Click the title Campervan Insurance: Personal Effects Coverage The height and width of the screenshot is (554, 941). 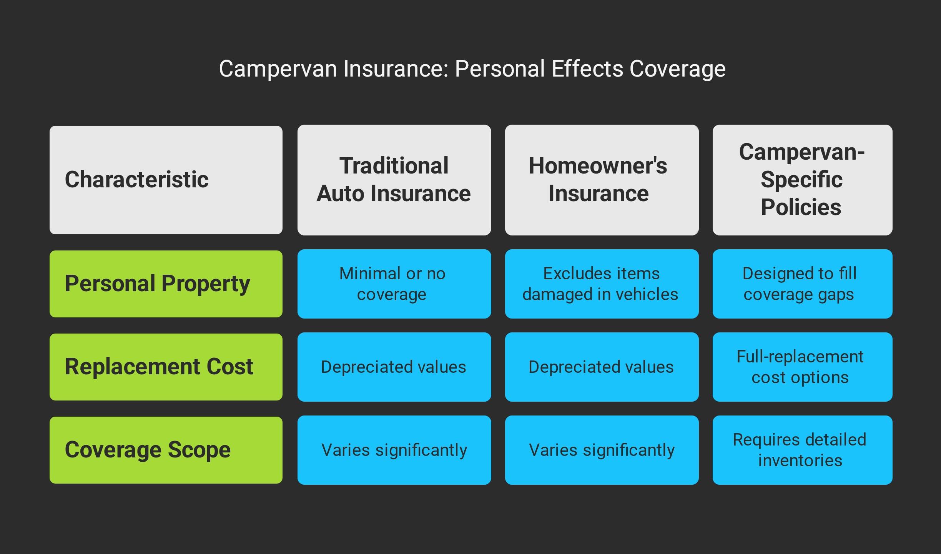pos(472,69)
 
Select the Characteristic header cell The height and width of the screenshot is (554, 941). pos(166,180)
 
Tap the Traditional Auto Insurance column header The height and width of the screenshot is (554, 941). pos(394,180)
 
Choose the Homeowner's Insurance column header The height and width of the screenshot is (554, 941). pos(602,180)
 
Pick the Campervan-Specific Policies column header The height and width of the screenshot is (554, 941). pos(802,180)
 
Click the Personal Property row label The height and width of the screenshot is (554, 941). pos(166,284)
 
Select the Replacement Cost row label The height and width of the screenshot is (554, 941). pos(166,367)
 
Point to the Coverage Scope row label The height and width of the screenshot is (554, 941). pos(166,450)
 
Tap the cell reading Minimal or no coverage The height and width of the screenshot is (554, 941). pos(394,284)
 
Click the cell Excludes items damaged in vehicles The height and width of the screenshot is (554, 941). pos(602,284)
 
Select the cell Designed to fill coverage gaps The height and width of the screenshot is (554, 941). pos(802,284)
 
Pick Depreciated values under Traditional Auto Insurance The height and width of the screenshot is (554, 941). pos(394,367)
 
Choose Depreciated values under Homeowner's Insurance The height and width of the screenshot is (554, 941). pos(602,367)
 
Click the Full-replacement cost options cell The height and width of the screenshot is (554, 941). pos(802,367)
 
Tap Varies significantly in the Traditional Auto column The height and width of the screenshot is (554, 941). pos(394,450)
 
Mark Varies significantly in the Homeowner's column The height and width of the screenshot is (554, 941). pos(602,450)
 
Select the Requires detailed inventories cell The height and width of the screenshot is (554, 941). pos(802,450)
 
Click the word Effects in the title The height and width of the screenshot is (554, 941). pos(587,69)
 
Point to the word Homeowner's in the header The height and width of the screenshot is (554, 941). pos(598,166)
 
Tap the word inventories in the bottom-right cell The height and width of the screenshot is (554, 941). pos(800,461)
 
